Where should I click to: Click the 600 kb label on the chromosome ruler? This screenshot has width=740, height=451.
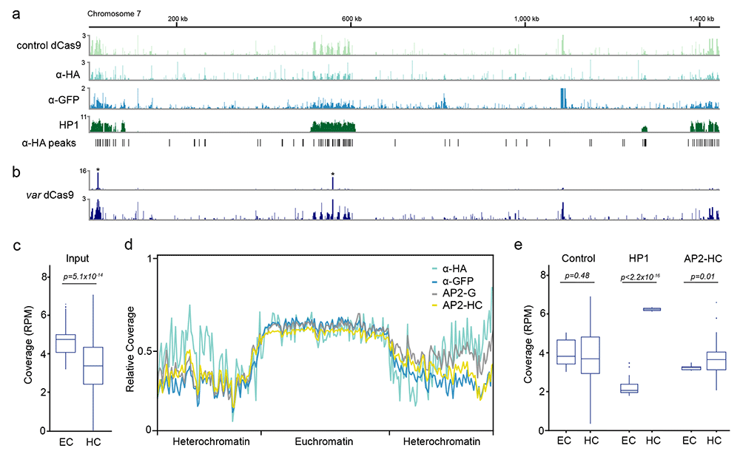(351, 19)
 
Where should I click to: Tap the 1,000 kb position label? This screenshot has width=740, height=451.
(526, 19)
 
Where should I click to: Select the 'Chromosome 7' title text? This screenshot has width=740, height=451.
(114, 14)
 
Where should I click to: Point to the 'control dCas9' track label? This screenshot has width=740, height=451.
(49, 45)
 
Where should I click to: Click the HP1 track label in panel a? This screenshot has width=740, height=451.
(69, 125)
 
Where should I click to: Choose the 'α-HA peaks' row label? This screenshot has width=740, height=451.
(49, 143)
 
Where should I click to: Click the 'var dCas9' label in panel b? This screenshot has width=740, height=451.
(50, 195)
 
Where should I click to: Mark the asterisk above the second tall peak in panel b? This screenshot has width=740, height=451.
(333, 174)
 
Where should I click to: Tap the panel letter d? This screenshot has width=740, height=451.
(128, 245)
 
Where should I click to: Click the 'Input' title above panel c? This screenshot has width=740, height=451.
(78, 258)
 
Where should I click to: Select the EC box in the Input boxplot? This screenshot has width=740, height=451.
(66, 343)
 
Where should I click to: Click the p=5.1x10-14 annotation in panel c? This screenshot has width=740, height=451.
(83, 277)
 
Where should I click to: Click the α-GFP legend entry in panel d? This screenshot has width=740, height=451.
(453, 281)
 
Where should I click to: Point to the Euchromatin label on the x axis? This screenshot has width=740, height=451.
(324, 441)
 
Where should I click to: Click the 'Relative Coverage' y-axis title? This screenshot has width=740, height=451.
(130, 349)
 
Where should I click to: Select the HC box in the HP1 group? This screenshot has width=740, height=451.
(653, 310)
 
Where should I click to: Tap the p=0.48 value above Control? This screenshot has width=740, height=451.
(578, 276)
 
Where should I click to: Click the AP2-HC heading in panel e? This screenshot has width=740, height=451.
(703, 258)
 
